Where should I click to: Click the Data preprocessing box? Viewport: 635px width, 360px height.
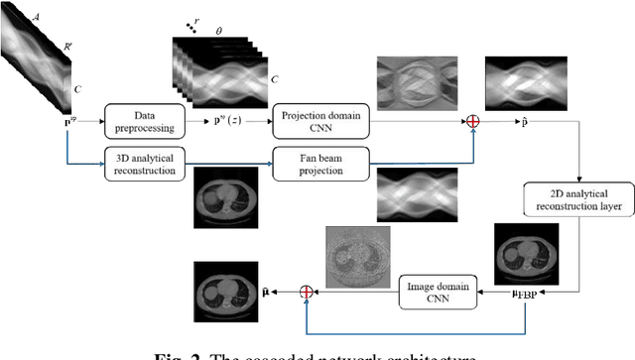(141, 121)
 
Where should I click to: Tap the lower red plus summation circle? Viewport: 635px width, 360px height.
(308, 292)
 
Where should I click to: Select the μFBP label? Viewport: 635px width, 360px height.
(524, 294)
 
